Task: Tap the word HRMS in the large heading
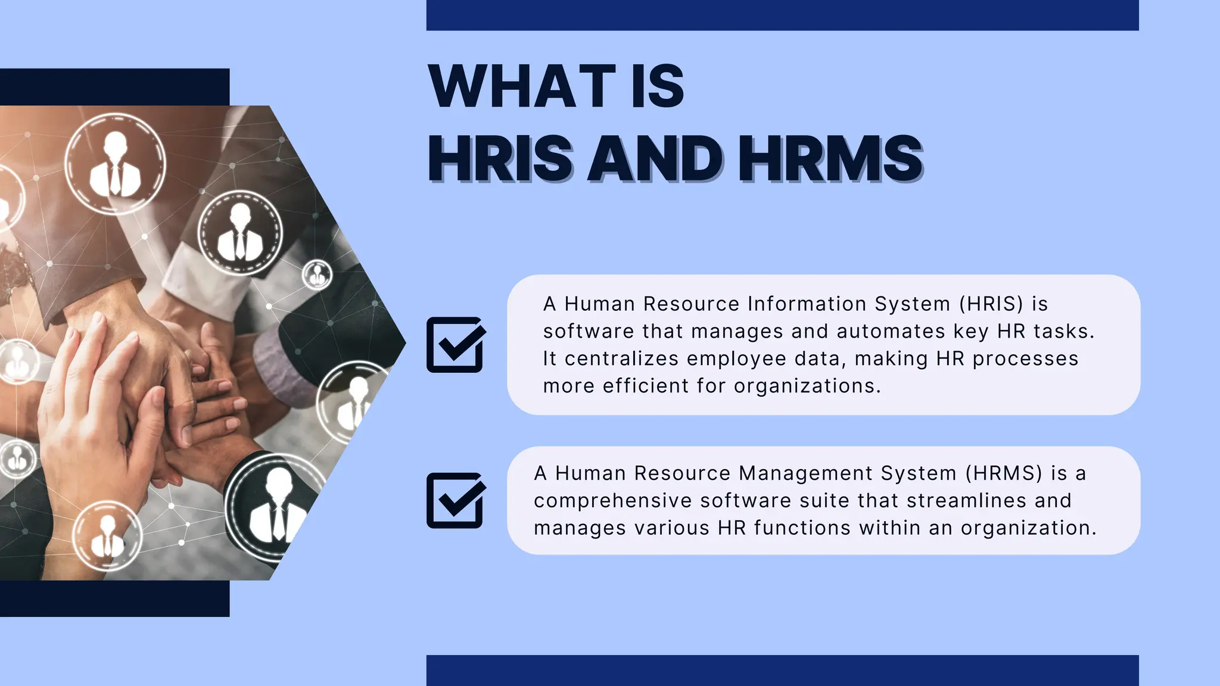pos(830,158)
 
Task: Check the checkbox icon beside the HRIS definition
pos(455,345)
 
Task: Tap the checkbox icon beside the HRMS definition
pos(455,500)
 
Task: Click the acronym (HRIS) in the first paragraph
pos(991,304)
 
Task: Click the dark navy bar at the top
pos(782,15)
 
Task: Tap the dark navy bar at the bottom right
pos(782,671)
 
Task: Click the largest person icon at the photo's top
pos(115,163)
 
